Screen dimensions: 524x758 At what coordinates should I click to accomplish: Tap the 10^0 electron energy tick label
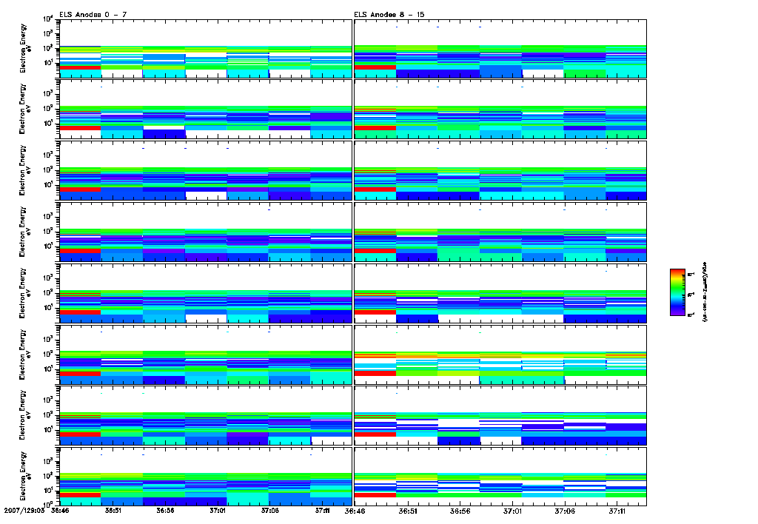pos(47,504)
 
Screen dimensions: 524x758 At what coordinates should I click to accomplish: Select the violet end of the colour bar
pos(680,313)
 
